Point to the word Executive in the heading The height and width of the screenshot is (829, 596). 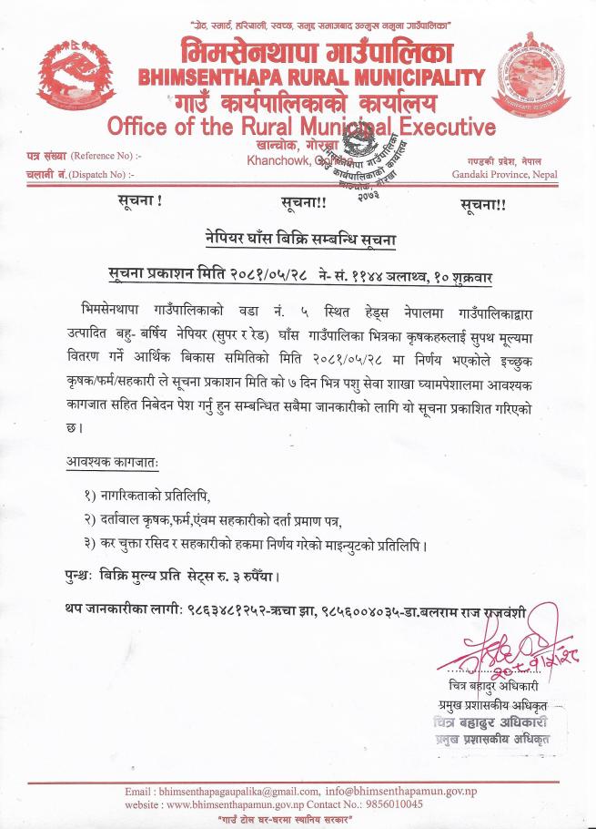pyautogui.click(x=438, y=125)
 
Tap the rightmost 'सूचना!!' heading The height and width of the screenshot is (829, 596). pyautogui.click(x=483, y=203)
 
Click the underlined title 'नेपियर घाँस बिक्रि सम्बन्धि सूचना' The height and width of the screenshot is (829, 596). pyautogui.click(x=299, y=240)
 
